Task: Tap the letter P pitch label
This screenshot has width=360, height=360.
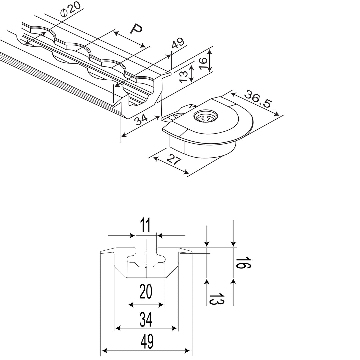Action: pyautogui.click(x=136, y=29)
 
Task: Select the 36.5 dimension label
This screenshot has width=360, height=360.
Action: pyautogui.click(x=258, y=99)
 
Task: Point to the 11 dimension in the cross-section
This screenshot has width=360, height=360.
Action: pyautogui.click(x=146, y=225)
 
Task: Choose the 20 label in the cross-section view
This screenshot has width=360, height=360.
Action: pyautogui.click(x=146, y=292)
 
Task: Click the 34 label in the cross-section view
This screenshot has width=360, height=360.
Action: pyautogui.click(x=146, y=320)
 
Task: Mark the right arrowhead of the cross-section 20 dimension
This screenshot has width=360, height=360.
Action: pyautogui.click(x=162, y=305)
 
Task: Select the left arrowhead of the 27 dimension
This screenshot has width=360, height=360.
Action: pyautogui.click(x=155, y=159)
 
